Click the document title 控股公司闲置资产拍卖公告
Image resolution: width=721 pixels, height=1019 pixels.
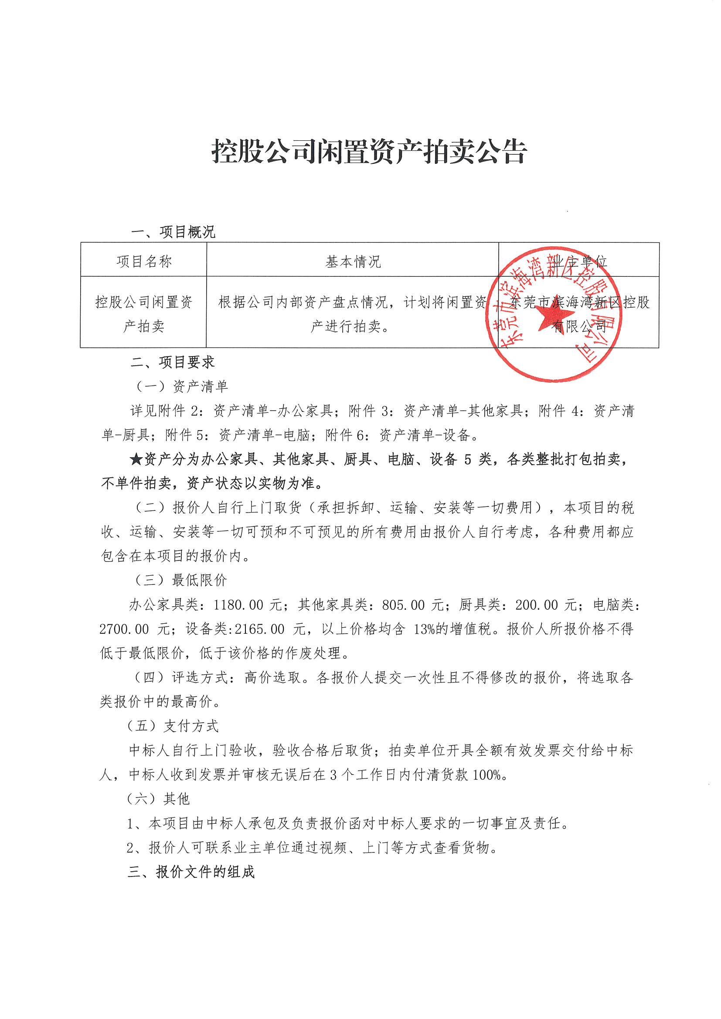click(369, 151)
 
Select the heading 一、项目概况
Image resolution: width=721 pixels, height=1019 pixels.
click(173, 232)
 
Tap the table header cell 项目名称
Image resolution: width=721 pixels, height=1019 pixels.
click(144, 262)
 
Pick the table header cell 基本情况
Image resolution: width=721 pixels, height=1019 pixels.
click(353, 262)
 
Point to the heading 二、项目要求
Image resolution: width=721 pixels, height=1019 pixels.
click(173, 362)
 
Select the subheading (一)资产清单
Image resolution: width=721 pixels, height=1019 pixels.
click(182, 386)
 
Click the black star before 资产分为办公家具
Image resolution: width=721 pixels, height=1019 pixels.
click(136, 459)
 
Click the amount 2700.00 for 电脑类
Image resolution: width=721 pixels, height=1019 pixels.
click(124, 629)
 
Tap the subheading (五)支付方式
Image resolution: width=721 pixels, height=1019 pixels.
click(173, 726)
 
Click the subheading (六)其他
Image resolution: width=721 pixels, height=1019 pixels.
click(159, 799)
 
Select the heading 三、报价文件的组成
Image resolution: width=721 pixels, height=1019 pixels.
click(191, 872)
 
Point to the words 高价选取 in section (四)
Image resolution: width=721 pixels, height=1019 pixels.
click(272, 678)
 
